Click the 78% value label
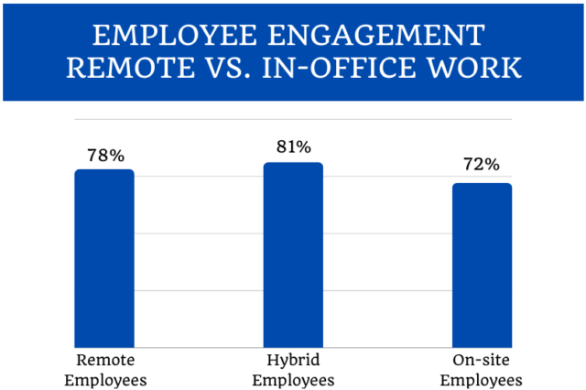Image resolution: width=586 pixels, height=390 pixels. pyautogui.click(x=104, y=156)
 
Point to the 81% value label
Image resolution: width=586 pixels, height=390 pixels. pyautogui.click(x=293, y=147)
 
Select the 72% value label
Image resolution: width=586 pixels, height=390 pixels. pyautogui.click(x=482, y=166)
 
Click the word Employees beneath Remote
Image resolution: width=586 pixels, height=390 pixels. pyautogui.click(x=104, y=379)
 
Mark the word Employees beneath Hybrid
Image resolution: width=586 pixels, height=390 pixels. pyautogui.click(x=293, y=379)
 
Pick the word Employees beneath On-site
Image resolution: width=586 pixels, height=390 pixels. pyautogui.click(x=482, y=379)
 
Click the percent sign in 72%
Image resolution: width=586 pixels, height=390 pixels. pyautogui.click(x=493, y=166)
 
